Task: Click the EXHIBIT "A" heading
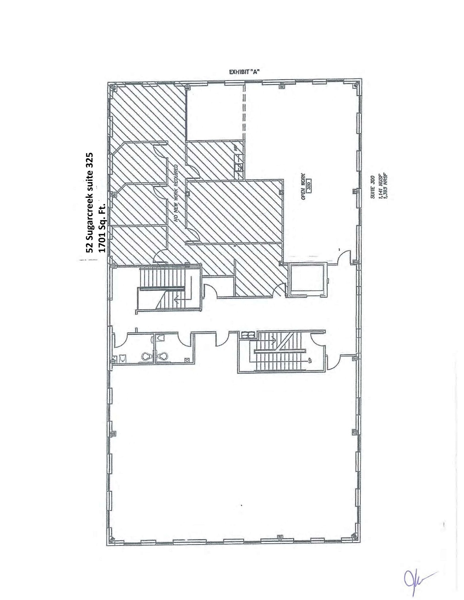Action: (x=244, y=72)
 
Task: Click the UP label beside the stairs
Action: (x=309, y=360)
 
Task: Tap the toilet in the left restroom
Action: (x=145, y=356)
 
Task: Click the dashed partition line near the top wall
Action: (x=244, y=111)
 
